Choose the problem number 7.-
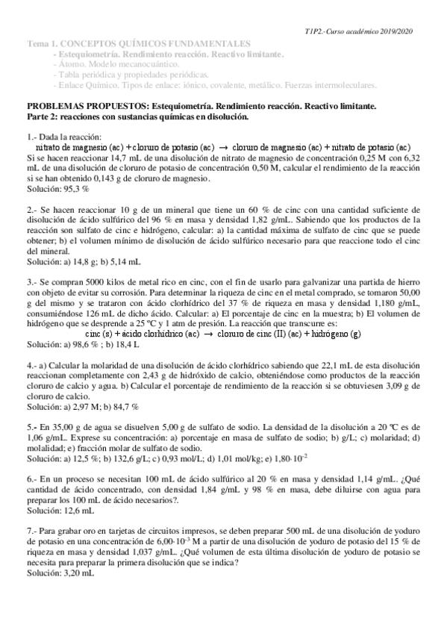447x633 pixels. coord(33,552)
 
